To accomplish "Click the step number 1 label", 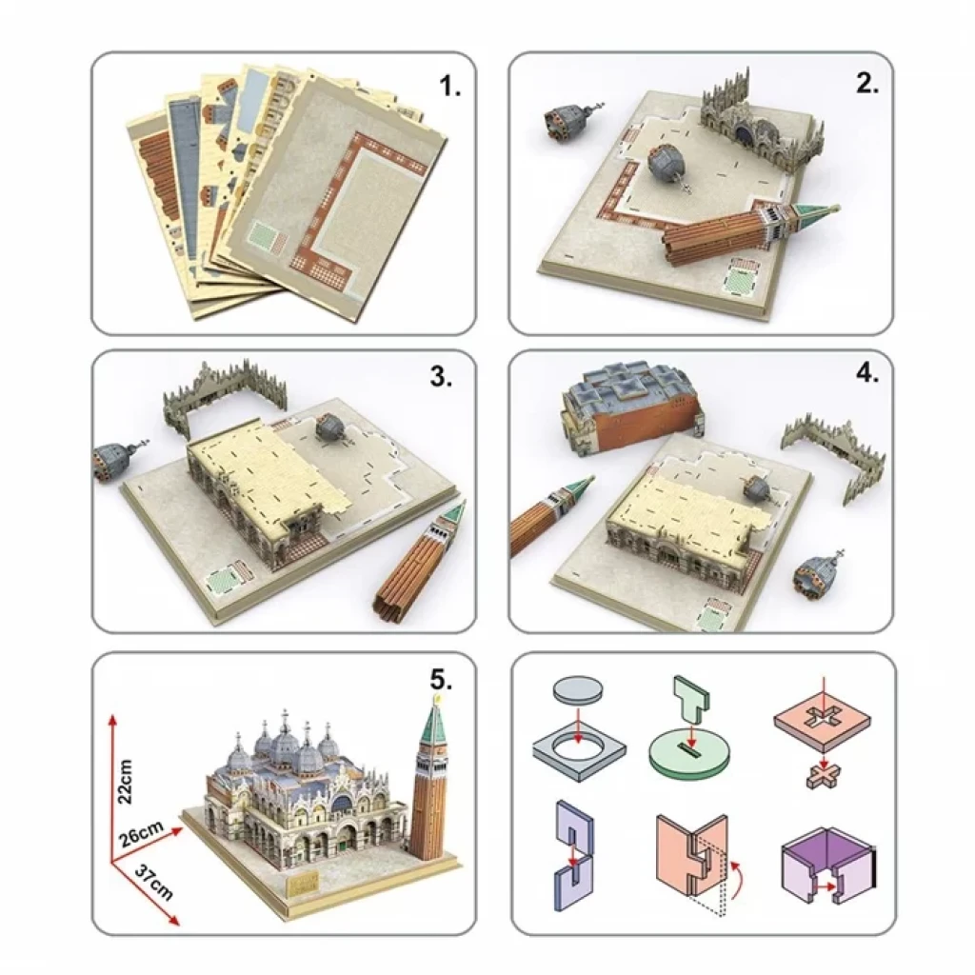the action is tap(449, 87).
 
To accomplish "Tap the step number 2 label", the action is tap(867, 84).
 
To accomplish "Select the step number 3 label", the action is tap(441, 376).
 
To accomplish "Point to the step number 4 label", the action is tap(867, 373).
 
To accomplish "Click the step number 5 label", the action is tap(441, 680).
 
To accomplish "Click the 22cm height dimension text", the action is tap(125, 782).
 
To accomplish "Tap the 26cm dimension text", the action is tap(143, 833).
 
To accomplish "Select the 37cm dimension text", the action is tap(153, 881).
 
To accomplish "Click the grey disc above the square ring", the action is tap(578, 691).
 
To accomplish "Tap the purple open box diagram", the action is tap(827, 863).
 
